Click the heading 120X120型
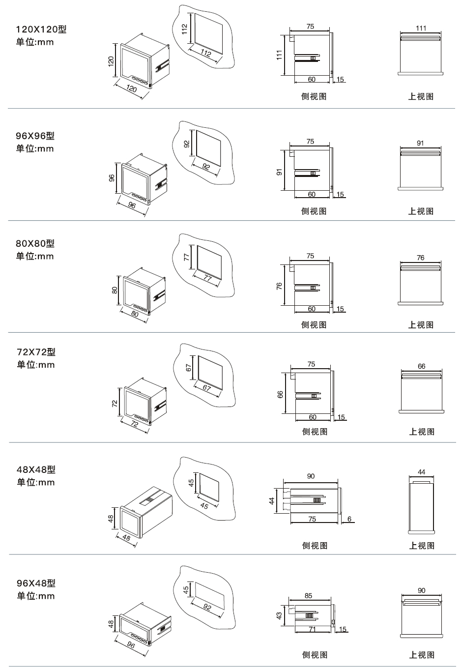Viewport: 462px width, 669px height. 41,29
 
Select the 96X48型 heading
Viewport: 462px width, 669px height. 36,583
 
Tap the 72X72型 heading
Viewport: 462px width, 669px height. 36,352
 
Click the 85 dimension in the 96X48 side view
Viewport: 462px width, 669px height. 308,596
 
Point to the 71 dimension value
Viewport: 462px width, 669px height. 312,629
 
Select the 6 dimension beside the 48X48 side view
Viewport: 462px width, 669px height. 349,519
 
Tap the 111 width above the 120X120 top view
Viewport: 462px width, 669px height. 421,29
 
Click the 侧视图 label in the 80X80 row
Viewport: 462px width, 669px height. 314,325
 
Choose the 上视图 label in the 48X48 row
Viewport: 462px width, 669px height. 422,546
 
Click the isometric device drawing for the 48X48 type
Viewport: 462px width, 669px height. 146,514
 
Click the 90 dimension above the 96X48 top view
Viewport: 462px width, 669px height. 421,590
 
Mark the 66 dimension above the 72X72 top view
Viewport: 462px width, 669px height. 421,366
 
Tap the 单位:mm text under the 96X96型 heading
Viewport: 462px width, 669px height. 35,149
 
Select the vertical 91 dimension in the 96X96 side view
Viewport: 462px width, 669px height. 279,172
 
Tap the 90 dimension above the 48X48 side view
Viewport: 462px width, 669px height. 311,476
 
